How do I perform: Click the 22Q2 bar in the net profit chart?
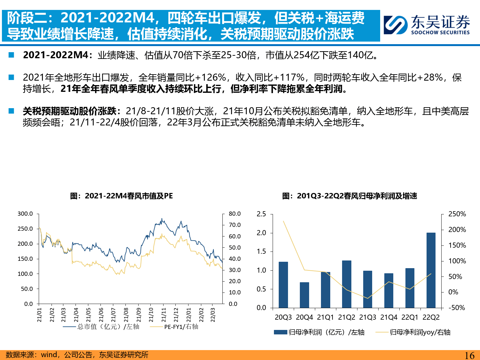click(x=431, y=270)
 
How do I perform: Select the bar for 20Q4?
click(x=304, y=295)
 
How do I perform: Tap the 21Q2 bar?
click(x=347, y=284)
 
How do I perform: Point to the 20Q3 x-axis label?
click(x=283, y=317)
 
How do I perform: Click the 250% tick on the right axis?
click(x=457, y=214)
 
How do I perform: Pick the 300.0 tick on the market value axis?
click(x=25, y=214)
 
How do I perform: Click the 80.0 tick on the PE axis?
click(x=235, y=214)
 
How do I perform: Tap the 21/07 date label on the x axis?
click(x=114, y=315)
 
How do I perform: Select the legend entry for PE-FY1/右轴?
click(x=181, y=327)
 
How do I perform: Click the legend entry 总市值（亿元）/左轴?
click(x=108, y=327)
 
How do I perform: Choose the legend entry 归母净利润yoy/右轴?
click(x=420, y=332)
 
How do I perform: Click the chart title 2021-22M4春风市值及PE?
click(x=122, y=196)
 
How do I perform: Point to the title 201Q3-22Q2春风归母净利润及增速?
click(x=349, y=196)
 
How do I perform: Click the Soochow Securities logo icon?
click(x=396, y=25)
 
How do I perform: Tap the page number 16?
click(x=469, y=355)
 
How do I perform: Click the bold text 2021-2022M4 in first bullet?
click(x=56, y=55)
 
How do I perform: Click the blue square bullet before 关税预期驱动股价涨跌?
click(x=12, y=111)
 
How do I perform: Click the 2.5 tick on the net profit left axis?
click(x=261, y=214)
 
